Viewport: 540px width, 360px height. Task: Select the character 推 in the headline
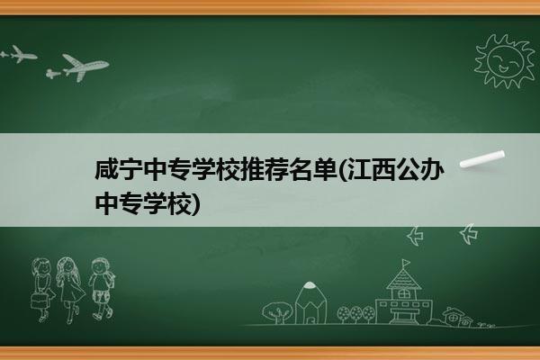(x=252, y=169)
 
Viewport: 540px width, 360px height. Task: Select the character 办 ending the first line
(x=432, y=169)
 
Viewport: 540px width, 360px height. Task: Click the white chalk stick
(x=482, y=159)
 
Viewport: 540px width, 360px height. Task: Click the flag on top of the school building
(x=406, y=263)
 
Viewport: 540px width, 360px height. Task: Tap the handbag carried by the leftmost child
(x=39, y=301)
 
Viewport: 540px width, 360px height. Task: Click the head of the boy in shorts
(x=100, y=265)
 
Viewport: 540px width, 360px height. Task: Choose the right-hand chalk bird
(x=469, y=234)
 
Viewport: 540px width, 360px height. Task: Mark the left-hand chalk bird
(x=415, y=236)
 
